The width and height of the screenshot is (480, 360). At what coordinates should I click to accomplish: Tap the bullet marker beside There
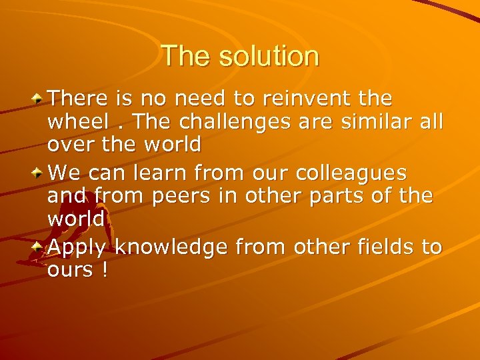39,98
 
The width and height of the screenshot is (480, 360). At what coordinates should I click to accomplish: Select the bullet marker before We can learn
39,173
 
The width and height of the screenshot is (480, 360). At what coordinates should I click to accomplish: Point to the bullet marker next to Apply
39,247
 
